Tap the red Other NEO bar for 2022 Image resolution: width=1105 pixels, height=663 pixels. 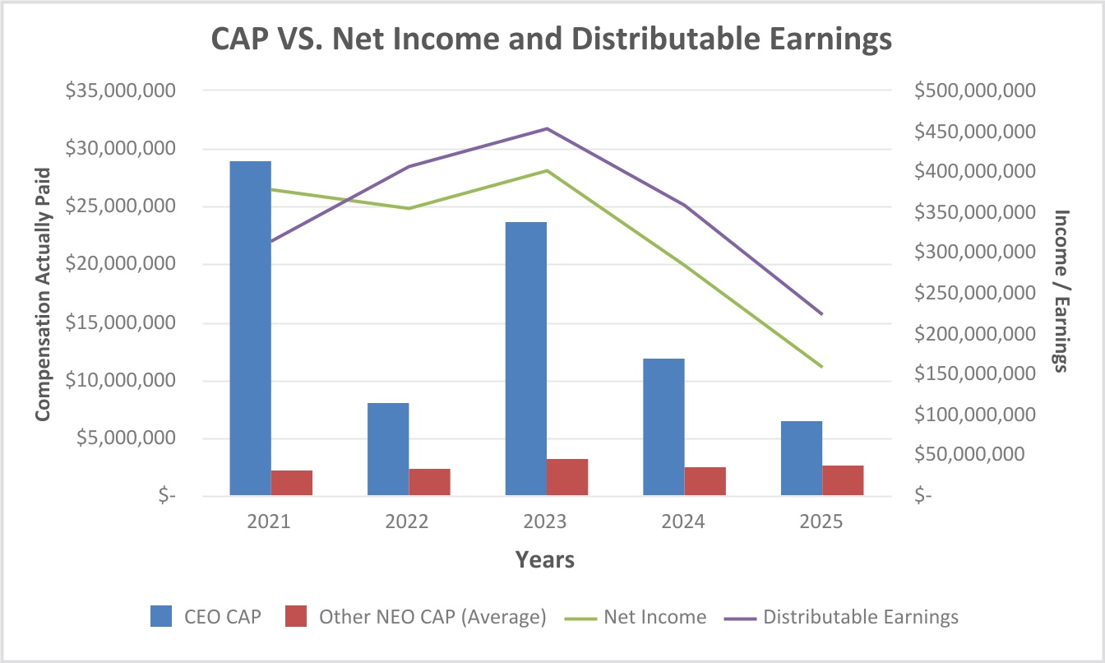(x=429, y=482)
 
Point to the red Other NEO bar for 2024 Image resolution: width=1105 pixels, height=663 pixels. (x=705, y=481)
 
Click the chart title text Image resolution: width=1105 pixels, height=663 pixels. (x=552, y=39)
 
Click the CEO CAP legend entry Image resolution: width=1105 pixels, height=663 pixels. (x=206, y=617)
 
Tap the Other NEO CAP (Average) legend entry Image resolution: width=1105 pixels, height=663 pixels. (x=415, y=617)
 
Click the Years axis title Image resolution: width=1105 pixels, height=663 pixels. (x=545, y=560)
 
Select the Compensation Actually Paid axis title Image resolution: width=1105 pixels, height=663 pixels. (x=44, y=294)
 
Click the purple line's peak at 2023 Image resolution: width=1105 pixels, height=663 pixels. (x=547, y=128)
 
